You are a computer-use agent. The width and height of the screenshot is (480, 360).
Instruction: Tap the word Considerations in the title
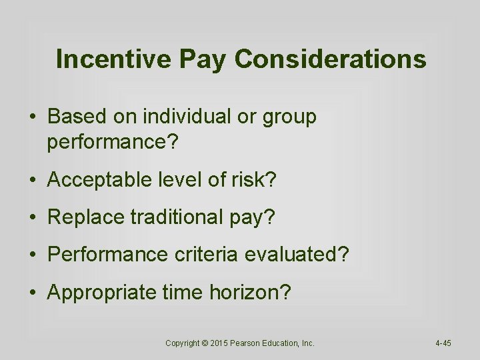pyautogui.click(x=331, y=59)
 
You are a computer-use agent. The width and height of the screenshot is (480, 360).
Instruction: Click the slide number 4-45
pyautogui.click(x=443, y=343)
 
